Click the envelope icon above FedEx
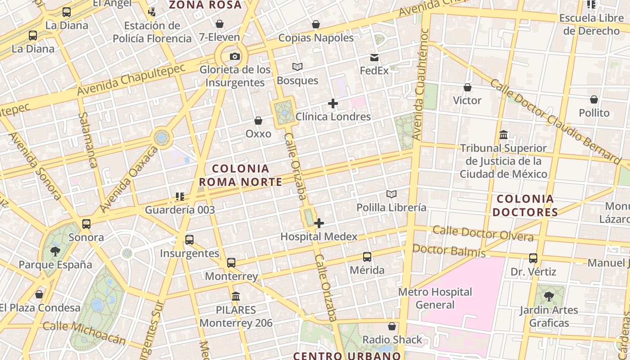[x=374, y=57]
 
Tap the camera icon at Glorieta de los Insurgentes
[x=234, y=56]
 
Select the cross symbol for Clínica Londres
[x=333, y=103]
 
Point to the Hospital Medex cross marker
[x=319, y=223]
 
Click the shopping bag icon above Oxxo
[x=258, y=121]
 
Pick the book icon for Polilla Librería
[x=391, y=194]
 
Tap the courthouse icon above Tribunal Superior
[x=504, y=135]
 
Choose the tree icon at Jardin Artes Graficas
[x=549, y=296]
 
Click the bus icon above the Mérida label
[x=367, y=257]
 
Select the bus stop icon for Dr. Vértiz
[x=533, y=258]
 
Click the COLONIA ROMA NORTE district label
[x=241, y=175]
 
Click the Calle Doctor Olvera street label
[x=483, y=234]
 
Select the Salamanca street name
[x=88, y=139]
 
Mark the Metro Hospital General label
[x=435, y=298]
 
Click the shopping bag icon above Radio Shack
[x=392, y=326]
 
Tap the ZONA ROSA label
[x=205, y=5]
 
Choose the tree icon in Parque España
[x=55, y=251]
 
